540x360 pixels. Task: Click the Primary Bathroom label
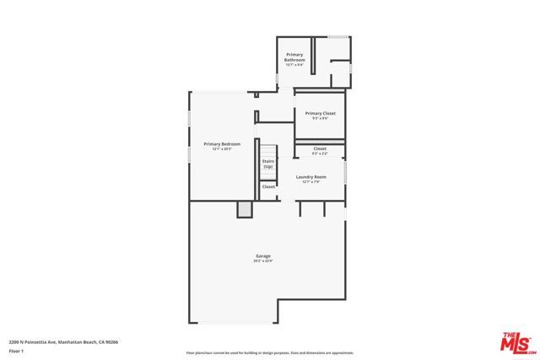point(294,57)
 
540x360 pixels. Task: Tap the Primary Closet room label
point(320,113)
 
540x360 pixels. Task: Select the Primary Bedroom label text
point(222,144)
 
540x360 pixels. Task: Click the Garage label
point(263,255)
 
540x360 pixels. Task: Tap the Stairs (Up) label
point(267,163)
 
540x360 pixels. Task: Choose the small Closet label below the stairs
point(267,186)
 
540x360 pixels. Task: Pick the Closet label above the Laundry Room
point(320,148)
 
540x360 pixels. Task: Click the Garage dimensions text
point(263,261)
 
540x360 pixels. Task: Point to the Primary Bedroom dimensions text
point(222,149)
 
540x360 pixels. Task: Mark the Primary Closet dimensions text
point(320,118)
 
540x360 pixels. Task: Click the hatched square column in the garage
point(245,210)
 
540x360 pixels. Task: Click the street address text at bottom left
point(63,341)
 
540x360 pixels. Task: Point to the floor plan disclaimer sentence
point(269,352)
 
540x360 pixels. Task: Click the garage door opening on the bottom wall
point(232,322)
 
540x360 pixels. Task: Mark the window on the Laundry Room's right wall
point(346,174)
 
